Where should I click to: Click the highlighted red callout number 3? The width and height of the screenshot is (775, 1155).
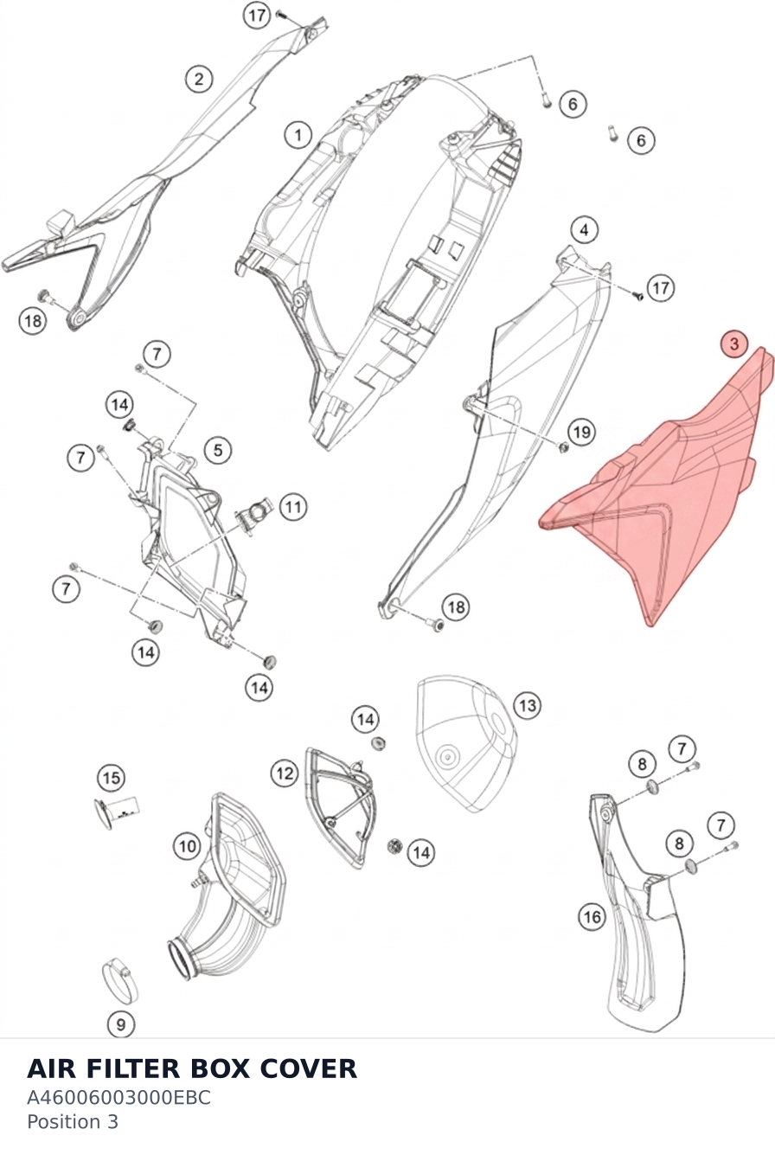tap(734, 344)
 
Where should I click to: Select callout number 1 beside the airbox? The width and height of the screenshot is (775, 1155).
tap(298, 136)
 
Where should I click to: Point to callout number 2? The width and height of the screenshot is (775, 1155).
tap(199, 79)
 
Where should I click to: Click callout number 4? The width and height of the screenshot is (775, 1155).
tap(584, 229)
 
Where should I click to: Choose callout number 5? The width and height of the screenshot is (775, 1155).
tap(218, 450)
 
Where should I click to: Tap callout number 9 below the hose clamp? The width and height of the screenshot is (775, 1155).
tap(120, 1024)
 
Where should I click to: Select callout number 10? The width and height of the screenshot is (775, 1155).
tap(187, 846)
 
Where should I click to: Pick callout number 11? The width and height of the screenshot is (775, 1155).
tap(293, 506)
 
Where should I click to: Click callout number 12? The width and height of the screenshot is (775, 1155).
tap(285, 773)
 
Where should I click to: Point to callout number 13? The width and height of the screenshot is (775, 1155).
tap(527, 705)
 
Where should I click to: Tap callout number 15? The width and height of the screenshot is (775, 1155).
tap(112, 778)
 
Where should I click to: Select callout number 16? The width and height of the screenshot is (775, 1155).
tap(592, 916)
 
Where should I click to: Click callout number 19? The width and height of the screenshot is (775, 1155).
tap(581, 432)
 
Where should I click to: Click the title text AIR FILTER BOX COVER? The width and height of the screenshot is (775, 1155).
tap(192, 1068)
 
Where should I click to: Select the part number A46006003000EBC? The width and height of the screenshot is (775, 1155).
tap(118, 1098)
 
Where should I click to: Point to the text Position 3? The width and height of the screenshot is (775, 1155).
tap(73, 1122)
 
